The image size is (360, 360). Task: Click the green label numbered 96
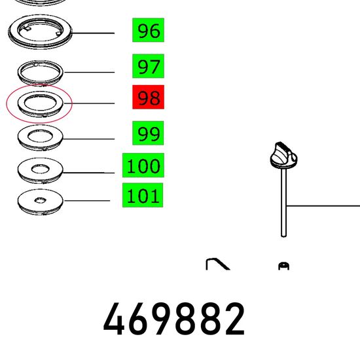coord(149,30)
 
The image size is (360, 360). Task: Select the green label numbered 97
coord(149,66)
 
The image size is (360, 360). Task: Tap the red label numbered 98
coord(149,97)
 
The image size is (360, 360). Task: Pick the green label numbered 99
coord(148,133)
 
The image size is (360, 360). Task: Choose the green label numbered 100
coord(143,166)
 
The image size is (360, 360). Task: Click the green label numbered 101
coord(143,195)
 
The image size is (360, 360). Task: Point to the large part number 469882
coord(174,319)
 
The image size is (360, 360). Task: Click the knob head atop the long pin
coord(283,156)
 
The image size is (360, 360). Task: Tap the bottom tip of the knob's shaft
coord(284,236)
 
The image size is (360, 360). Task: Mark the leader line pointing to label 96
coord(93,33)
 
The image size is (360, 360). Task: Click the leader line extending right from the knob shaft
coord(323,206)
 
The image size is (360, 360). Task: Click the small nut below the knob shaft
coord(284,266)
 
